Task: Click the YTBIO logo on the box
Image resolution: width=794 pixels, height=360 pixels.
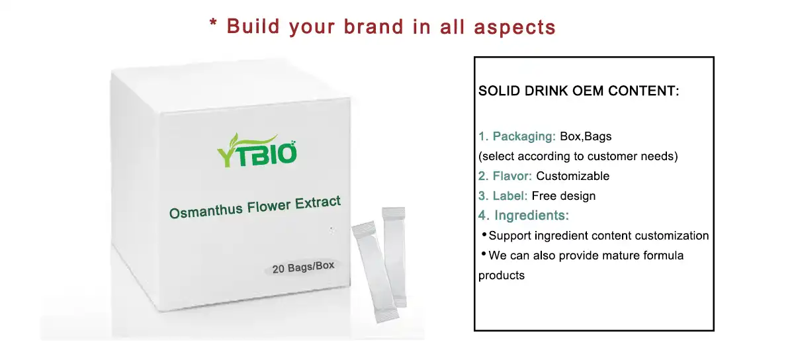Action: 257,150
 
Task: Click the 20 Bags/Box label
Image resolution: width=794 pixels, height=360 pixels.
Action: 303,267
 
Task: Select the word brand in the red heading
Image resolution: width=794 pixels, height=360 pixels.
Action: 374,26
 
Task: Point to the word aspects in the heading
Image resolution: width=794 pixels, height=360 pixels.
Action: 515,28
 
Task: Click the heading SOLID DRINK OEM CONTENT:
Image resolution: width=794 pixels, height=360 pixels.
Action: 578,91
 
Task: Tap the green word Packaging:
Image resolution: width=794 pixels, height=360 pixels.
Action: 524,136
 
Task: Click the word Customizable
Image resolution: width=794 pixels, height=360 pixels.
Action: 572,176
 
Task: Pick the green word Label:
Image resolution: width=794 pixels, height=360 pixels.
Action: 510,196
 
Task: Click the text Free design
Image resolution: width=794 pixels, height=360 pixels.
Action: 564,196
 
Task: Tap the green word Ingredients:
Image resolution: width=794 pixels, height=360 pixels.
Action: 531,215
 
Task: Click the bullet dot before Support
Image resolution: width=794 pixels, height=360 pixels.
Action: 484,234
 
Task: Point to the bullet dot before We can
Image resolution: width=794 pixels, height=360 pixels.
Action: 484,253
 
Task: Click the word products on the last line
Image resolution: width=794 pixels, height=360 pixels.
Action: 502,276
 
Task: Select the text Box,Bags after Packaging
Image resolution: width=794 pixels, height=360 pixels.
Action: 586,137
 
